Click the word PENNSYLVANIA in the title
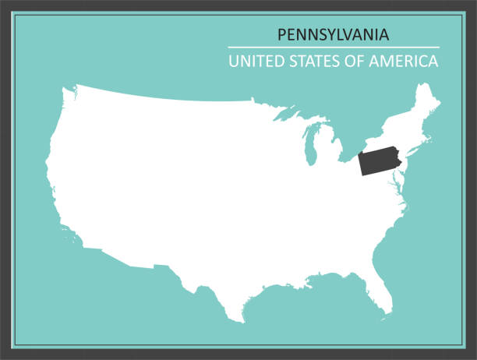pyautogui.click(x=334, y=35)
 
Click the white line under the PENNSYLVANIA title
pyautogui.click(x=334, y=48)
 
